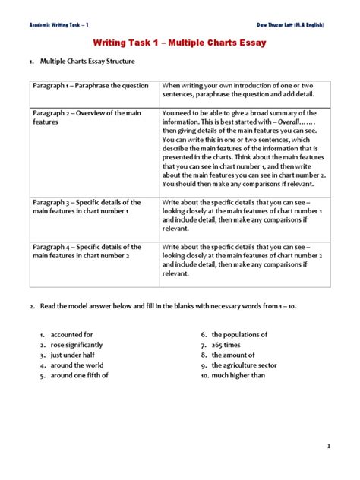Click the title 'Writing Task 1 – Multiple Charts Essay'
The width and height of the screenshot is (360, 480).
click(x=179, y=43)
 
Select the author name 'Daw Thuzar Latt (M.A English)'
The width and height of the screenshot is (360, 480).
click(x=289, y=24)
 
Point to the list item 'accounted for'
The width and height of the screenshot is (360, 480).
click(x=71, y=335)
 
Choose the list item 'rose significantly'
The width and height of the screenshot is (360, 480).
click(x=76, y=345)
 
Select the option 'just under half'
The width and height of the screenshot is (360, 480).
click(x=74, y=355)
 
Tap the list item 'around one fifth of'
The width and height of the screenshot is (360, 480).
click(x=80, y=375)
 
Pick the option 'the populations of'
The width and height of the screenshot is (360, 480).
click(x=239, y=335)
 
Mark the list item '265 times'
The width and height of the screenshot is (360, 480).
click(x=229, y=345)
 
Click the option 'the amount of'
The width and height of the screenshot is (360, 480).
click(x=234, y=355)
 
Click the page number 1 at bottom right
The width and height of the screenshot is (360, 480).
click(x=330, y=447)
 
